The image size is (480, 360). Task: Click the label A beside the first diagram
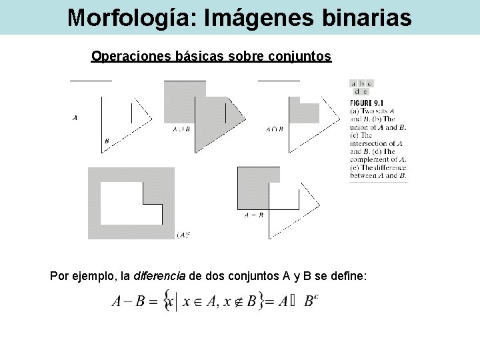point(75,118)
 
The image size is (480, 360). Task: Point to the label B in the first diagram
point(107,141)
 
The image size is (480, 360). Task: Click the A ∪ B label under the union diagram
point(181,129)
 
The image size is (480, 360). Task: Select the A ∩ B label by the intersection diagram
point(275,129)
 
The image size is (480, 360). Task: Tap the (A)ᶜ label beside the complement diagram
point(183,235)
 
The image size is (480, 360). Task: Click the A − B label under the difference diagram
point(254,215)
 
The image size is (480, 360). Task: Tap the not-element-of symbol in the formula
point(239,302)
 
